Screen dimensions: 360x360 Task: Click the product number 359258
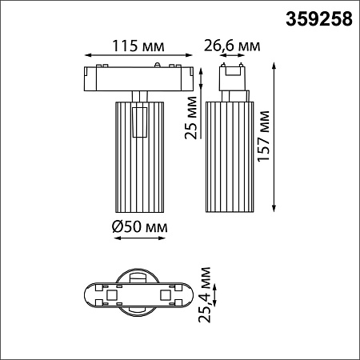(319, 19)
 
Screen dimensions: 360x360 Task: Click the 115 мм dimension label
(138, 46)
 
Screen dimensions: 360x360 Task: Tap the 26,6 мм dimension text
(232, 46)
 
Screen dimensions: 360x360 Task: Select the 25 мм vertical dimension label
(191, 118)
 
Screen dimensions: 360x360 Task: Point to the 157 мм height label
(264, 136)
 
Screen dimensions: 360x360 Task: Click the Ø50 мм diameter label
(140, 227)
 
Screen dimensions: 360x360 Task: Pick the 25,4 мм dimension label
(205, 294)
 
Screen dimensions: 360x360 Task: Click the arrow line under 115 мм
(138, 55)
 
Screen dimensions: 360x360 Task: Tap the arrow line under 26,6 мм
(232, 55)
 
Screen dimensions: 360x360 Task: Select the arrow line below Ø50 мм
(139, 238)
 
